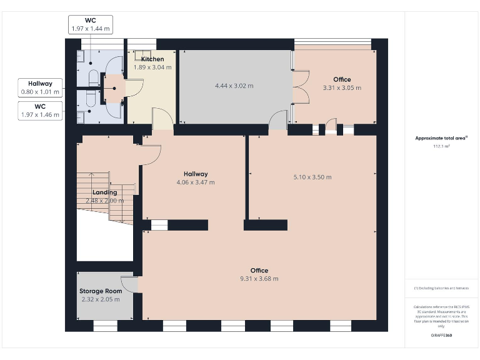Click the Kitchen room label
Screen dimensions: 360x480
click(x=152, y=59)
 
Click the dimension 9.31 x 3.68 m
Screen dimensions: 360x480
click(x=259, y=279)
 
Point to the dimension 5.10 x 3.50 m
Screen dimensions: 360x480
click(x=312, y=177)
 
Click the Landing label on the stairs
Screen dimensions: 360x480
click(x=104, y=192)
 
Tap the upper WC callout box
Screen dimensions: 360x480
click(x=90, y=24)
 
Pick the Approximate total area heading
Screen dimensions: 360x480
click(x=441, y=138)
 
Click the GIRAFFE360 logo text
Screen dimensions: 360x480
click(x=441, y=336)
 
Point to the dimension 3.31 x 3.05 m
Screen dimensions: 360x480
click(x=341, y=88)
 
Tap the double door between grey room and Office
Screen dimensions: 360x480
click(x=300, y=87)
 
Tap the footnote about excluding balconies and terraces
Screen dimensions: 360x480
click(x=441, y=288)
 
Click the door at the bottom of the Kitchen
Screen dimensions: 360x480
click(x=162, y=118)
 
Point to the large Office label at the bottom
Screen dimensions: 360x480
click(x=259, y=270)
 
